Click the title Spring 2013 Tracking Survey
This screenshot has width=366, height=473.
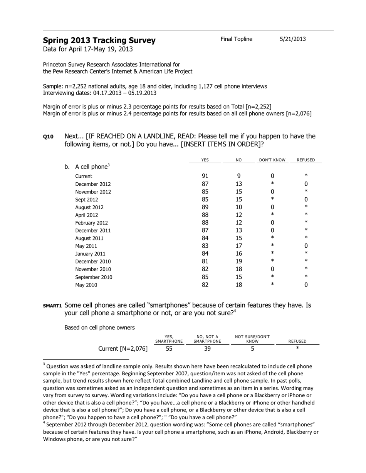point(99,40)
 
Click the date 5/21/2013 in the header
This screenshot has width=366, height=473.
point(292,39)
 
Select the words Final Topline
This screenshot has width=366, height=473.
point(236,39)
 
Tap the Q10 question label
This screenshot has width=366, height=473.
point(48,137)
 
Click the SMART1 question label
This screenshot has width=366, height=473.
point(52,306)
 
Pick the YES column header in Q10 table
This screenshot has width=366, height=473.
point(205,160)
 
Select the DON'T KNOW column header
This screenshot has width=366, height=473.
point(272,160)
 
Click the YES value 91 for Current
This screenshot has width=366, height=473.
point(205,176)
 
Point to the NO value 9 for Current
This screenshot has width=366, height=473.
point(239,176)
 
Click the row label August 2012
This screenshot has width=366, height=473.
point(89,207)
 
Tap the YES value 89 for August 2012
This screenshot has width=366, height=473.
point(205,207)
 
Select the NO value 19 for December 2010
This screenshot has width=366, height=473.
point(239,261)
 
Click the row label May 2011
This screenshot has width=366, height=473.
point(86,246)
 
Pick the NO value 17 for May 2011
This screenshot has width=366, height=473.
point(239,246)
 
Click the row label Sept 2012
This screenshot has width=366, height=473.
point(86,200)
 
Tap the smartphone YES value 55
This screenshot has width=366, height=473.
point(169,349)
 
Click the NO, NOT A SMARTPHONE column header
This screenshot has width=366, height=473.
point(207,339)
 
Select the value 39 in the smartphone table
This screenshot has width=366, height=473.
point(207,349)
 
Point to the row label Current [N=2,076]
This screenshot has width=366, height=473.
point(123,349)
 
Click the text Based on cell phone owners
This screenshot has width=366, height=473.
point(99,328)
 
